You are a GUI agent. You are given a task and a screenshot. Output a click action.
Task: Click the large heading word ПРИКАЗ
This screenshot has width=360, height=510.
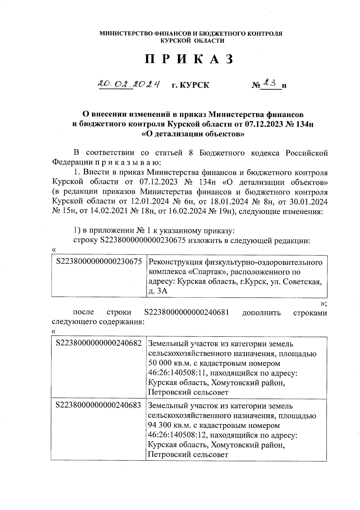coord(189,59)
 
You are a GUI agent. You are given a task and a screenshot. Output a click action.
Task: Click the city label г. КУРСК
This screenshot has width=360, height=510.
coord(190,85)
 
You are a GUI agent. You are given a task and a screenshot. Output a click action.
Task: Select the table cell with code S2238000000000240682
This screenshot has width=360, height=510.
coord(99,343)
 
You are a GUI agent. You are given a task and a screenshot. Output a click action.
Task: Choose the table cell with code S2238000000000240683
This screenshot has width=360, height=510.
coord(99,405)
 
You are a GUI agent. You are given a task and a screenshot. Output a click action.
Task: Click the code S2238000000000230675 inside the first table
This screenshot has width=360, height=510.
coord(99,262)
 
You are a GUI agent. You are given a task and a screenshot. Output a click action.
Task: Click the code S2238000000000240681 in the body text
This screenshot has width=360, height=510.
coord(187,312)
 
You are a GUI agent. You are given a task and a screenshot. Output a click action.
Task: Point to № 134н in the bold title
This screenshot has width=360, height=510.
coord(299,124)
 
